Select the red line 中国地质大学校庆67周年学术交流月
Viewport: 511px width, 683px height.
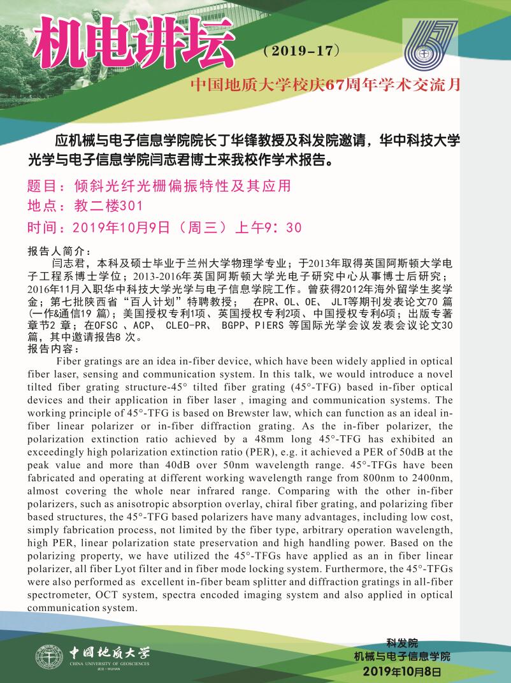point(329,85)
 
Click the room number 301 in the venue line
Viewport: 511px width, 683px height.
point(134,206)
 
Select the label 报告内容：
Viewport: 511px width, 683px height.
point(55,350)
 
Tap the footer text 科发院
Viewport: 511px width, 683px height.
point(402,643)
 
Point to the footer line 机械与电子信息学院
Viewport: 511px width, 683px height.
point(402,657)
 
